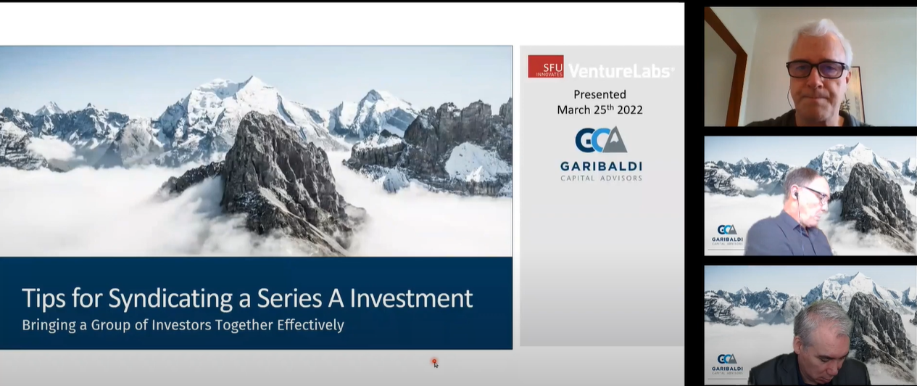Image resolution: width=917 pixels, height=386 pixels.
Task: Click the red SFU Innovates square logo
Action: coord(546,67)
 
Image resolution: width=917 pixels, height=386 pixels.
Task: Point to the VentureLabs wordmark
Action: coord(621,70)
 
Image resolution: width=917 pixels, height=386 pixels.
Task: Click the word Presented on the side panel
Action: coord(599,94)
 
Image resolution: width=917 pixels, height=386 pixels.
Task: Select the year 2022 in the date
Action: coord(628,110)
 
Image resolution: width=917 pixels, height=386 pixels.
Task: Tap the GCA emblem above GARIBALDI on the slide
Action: coord(600,139)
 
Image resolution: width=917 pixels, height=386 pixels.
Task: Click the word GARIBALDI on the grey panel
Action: coord(600,165)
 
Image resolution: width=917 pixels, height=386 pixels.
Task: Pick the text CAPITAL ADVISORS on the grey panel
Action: coord(600,178)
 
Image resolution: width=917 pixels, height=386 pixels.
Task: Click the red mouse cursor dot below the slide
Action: coord(434,361)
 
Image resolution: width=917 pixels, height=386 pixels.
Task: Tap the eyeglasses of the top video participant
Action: coord(816,70)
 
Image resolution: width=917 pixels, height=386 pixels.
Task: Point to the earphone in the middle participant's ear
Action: coord(795,195)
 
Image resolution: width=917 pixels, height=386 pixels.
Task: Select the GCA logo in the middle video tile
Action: coord(726,229)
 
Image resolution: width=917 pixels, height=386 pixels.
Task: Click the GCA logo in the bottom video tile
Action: coord(726,359)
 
